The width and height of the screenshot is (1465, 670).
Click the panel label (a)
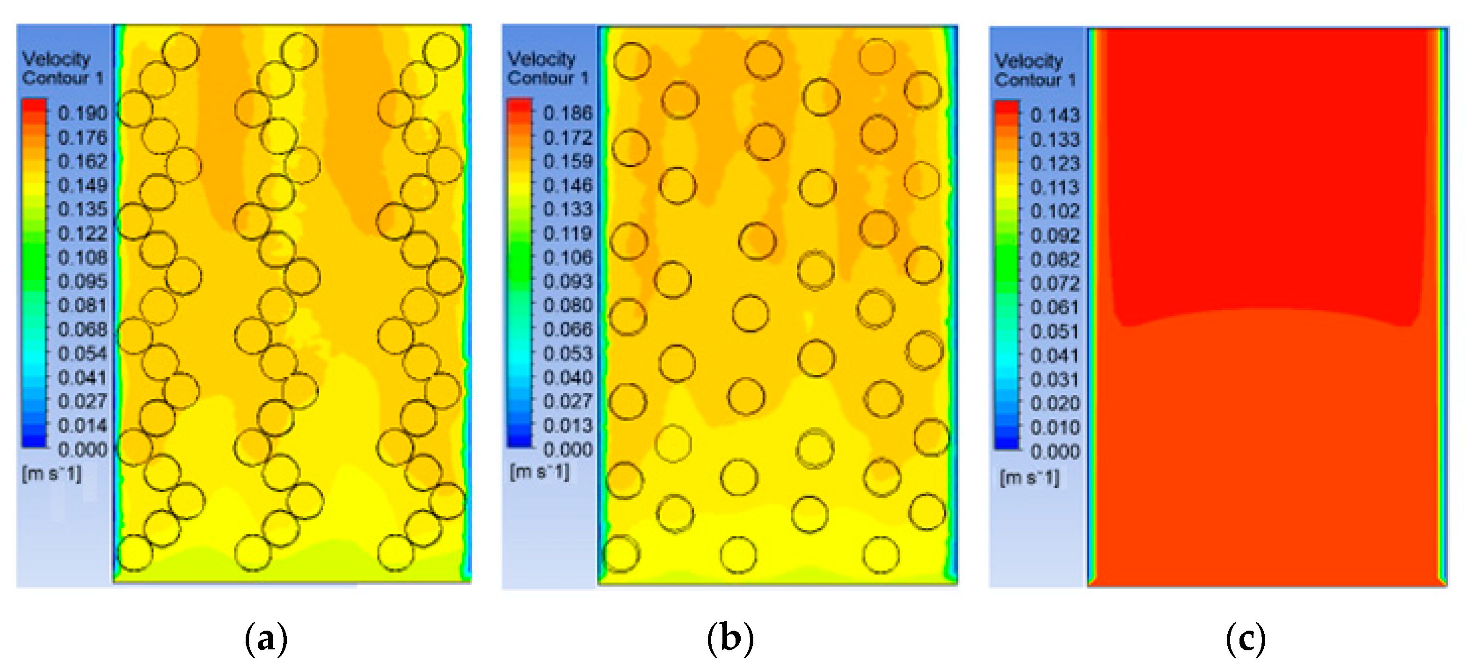click(x=266, y=639)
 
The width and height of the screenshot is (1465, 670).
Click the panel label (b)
click(x=730, y=639)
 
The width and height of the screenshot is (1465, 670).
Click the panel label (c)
click(x=1246, y=639)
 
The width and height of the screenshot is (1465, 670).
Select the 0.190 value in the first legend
click(x=82, y=113)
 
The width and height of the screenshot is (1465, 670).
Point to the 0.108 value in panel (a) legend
click(x=82, y=257)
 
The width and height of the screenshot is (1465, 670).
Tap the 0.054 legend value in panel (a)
click(x=82, y=353)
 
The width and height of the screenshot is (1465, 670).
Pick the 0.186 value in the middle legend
click(x=568, y=113)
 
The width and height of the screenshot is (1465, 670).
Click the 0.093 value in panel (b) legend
click(x=568, y=281)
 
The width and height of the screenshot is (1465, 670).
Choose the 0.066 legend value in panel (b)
click(x=568, y=329)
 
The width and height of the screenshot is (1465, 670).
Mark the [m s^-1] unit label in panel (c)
click(x=1029, y=477)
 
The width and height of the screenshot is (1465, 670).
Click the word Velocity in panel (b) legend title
click(x=541, y=59)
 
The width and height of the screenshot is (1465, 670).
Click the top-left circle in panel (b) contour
click(x=632, y=61)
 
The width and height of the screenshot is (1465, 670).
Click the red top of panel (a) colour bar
click(x=34, y=106)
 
